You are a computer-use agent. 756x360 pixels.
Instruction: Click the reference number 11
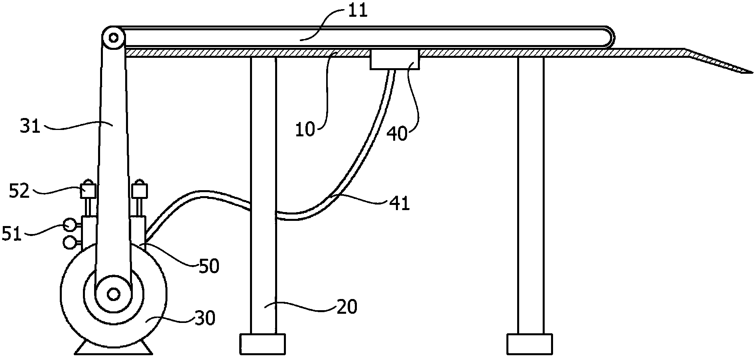click(357, 11)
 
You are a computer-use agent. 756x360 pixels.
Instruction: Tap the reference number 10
click(305, 130)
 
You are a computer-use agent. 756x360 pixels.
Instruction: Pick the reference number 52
click(20, 192)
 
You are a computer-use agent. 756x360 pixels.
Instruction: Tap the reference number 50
click(209, 266)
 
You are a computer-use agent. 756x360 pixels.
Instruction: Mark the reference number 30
click(205, 318)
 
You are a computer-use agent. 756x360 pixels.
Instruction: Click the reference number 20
click(347, 307)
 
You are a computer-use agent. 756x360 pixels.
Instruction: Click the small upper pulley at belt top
click(113, 38)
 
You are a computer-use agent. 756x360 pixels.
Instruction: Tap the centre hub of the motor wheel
click(113, 294)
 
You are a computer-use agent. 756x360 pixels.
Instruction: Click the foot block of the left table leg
click(263, 344)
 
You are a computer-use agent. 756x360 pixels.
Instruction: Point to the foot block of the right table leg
click(530, 344)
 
